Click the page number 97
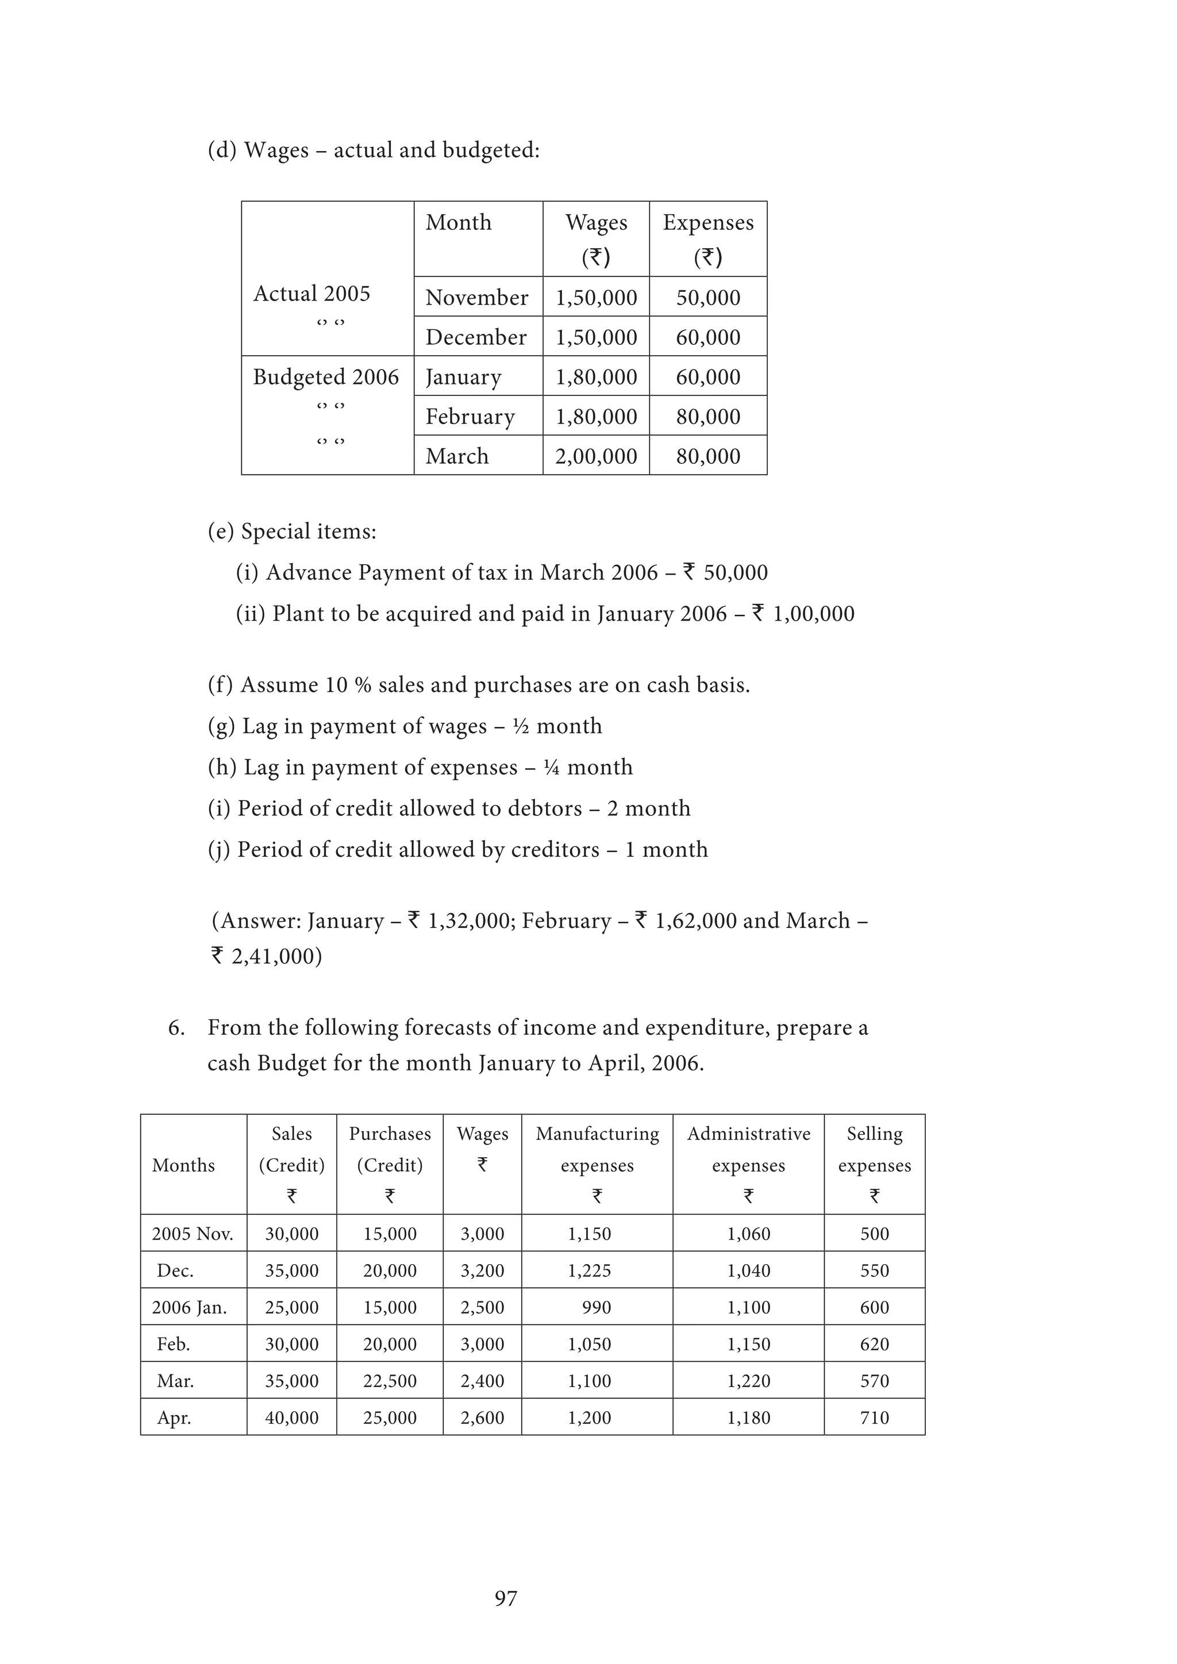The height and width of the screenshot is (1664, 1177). pyautogui.click(x=506, y=1598)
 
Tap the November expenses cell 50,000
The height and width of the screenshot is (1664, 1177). pyautogui.click(x=708, y=297)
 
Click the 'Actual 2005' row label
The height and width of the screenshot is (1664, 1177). pyautogui.click(x=311, y=294)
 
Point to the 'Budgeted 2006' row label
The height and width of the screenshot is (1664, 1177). pyautogui.click(x=326, y=377)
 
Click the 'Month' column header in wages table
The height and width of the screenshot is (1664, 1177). pyautogui.click(x=459, y=222)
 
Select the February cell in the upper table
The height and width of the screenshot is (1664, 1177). pyautogui.click(x=470, y=417)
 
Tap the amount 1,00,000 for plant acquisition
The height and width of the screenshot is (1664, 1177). pyautogui.click(x=814, y=614)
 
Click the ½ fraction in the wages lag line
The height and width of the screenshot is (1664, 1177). pyautogui.click(x=520, y=726)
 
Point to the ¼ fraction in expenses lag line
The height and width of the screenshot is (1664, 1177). pyautogui.click(x=552, y=768)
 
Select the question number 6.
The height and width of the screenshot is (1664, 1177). pyautogui.click(x=176, y=1028)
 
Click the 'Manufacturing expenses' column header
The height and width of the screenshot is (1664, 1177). pyautogui.click(x=597, y=1149)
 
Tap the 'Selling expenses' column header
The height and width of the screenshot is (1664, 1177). pyautogui.click(x=874, y=1149)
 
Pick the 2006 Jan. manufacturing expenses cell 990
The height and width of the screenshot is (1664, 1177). pyautogui.click(x=597, y=1307)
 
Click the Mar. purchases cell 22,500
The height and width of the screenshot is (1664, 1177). pyautogui.click(x=390, y=1381)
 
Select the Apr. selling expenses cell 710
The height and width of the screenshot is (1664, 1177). pyautogui.click(x=874, y=1418)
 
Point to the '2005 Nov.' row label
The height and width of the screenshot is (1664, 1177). pyautogui.click(x=193, y=1234)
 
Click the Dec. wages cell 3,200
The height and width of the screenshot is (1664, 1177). pyautogui.click(x=482, y=1270)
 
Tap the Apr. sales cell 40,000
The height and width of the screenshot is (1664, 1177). pyautogui.click(x=291, y=1418)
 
